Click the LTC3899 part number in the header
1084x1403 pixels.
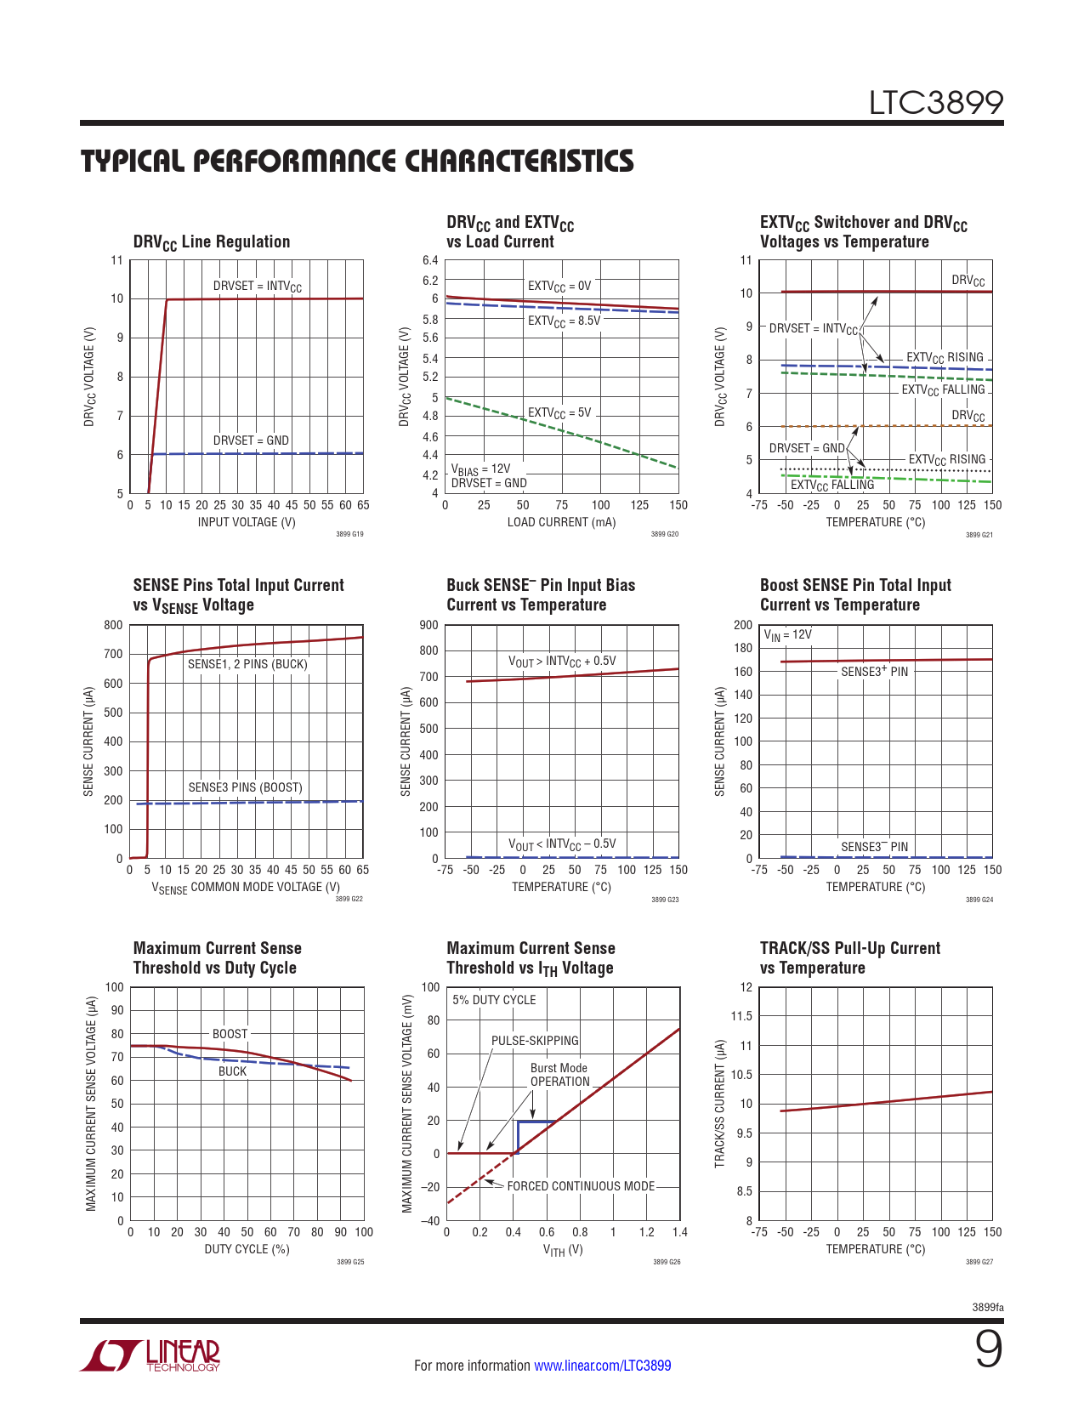(935, 103)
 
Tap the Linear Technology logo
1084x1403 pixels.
(150, 1355)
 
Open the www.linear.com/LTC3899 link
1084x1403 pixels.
(602, 1366)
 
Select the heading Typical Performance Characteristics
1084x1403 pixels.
(357, 161)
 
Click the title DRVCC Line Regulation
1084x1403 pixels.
(212, 242)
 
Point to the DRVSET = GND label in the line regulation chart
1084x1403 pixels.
(251, 440)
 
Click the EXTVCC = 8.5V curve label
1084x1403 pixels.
(564, 321)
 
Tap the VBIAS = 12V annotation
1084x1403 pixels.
(480, 469)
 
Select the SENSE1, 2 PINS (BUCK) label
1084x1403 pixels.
(247, 664)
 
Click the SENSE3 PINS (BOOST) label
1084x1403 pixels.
(245, 787)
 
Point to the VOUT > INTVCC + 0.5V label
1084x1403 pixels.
(562, 662)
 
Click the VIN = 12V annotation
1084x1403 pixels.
(787, 635)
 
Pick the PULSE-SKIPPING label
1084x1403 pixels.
(535, 1041)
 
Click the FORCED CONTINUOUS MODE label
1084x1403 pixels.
(581, 1186)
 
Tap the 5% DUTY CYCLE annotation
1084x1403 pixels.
(494, 1000)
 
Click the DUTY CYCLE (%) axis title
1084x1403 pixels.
(247, 1249)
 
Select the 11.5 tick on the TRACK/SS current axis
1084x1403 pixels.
(741, 1016)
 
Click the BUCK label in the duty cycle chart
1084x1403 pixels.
(232, 1071)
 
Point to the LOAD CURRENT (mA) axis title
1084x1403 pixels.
(561, 522)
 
